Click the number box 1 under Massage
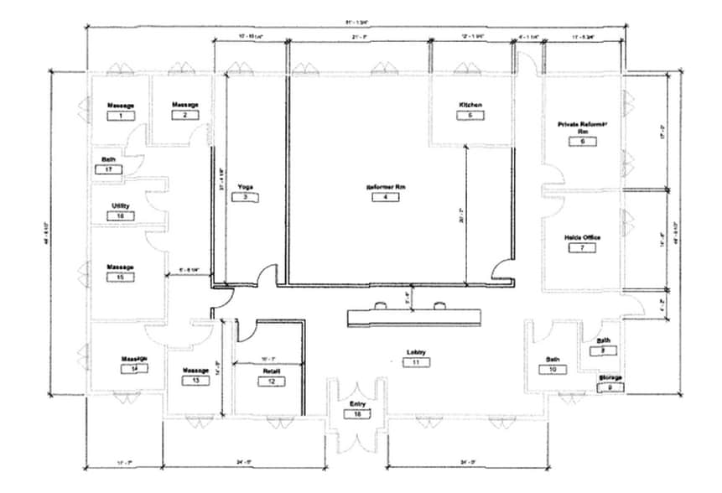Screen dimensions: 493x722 click(121, 116)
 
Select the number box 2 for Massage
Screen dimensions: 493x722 click(185, 115)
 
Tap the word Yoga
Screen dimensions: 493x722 click(245, 186)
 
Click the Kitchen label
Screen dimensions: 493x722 click(470, 105)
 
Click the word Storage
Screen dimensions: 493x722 click(610, 377)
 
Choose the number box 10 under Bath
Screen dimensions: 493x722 click(553, 369)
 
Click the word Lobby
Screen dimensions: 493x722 click(416, 351)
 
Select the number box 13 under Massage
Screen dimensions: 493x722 click(195, 380)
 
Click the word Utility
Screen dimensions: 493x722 click(120, 205)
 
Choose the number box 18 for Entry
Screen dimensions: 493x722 click(358, 414)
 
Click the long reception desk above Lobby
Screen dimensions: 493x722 click(415, 316)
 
